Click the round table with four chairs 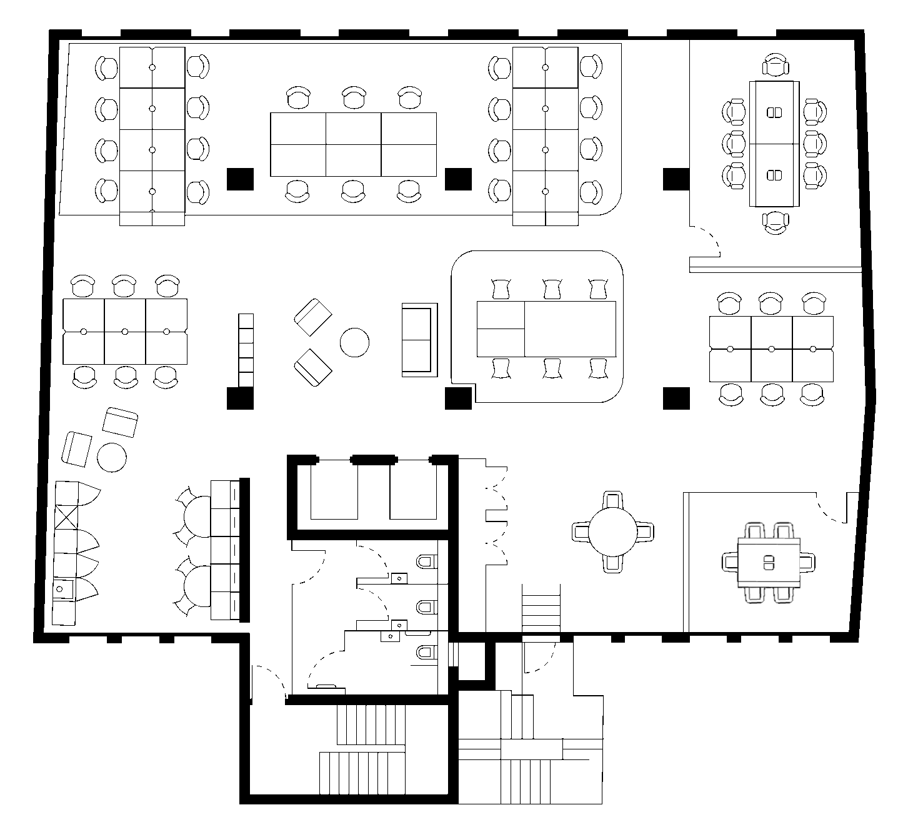tap(613, 531)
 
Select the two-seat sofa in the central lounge tap(419, 340)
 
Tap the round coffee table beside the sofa tap(354, 342)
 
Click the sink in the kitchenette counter tap(62, 588)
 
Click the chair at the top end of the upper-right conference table tap(776, 66)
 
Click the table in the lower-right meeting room tap(769, 562)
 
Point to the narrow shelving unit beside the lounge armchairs tap(246, 350)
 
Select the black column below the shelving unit tap(240, 398)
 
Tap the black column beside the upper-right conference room tap(676, 179)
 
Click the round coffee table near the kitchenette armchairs tap(112, 457)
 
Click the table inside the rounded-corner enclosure tap(546, 329)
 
